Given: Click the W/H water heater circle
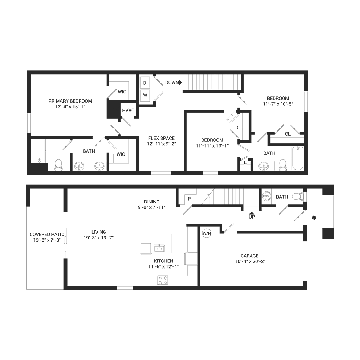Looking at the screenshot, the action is click(207, 234).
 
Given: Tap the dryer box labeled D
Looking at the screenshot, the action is click(145, 83).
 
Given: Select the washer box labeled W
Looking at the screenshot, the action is click(145, 95).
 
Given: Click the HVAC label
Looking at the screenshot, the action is click(128, 111).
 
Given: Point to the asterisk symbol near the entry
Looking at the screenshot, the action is click(314, 218).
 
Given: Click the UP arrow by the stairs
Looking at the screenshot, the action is click(252, 213).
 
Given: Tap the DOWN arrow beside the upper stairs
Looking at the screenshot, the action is click(181, 82).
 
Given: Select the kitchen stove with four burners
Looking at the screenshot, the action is click(163, 280).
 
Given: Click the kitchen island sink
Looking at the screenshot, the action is click(159, 248).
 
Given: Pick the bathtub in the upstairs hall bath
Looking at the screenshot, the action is click(298, 158).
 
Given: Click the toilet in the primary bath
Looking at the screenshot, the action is click(59, 165).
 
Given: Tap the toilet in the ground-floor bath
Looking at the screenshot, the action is click(298, 197).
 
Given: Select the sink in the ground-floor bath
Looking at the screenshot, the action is click(266, 196).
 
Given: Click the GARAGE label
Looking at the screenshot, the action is click(249, 256).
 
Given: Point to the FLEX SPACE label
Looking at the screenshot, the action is click(161, 138).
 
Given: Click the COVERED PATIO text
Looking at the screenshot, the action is click(47, 234).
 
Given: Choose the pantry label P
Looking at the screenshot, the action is click(189, 199).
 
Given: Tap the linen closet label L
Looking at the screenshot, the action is click(245, 163).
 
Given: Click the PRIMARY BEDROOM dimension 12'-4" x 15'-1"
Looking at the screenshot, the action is click(70, 107).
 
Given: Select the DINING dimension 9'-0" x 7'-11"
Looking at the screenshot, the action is click(152, 207).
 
